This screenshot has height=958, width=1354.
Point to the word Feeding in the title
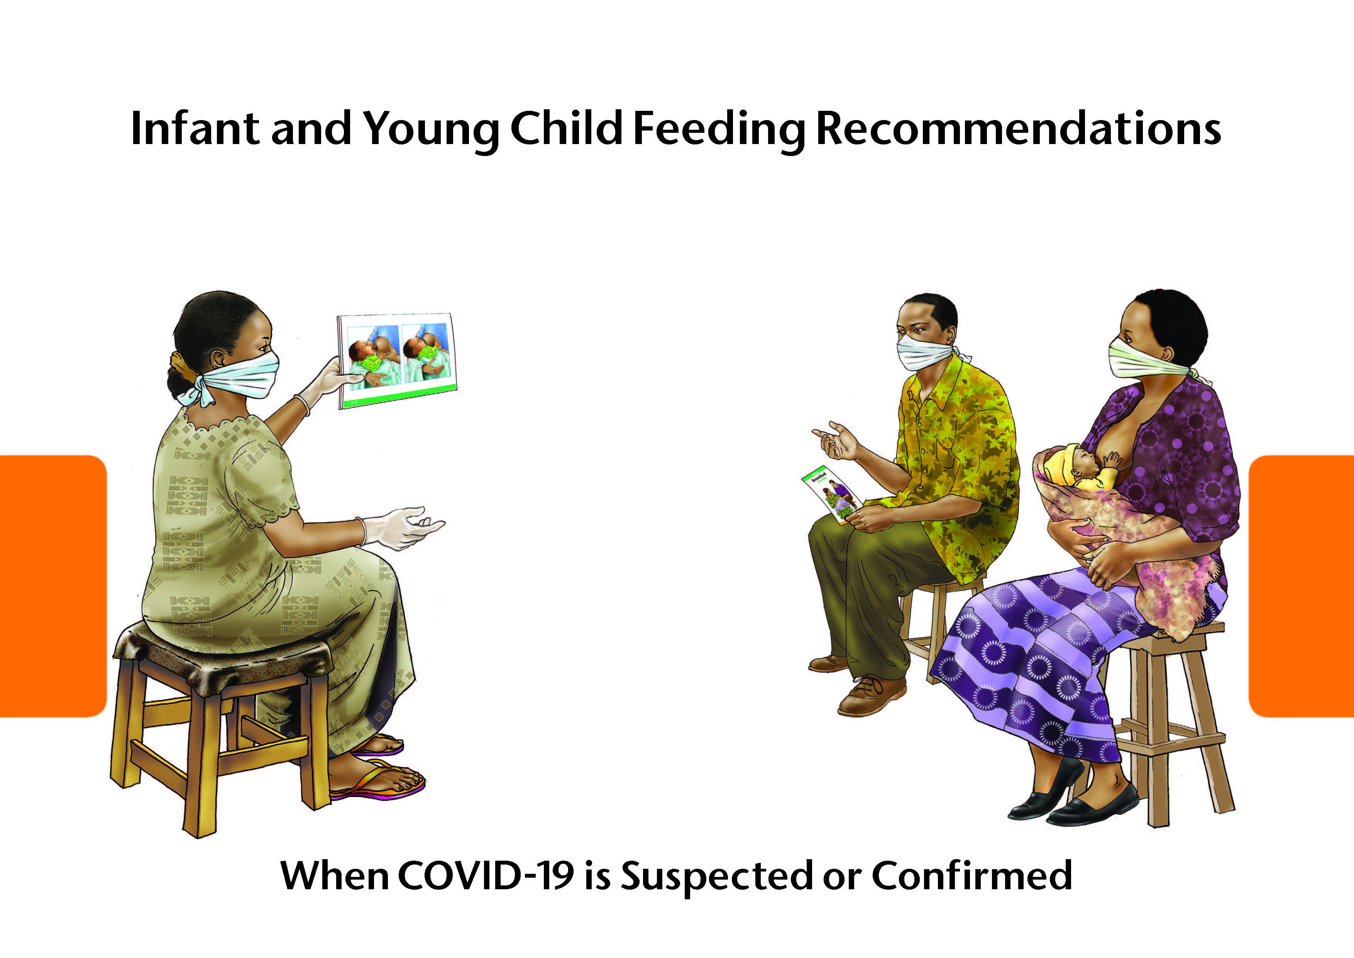(x=718, y=130)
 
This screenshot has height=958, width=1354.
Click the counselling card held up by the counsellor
(x=397, y=361)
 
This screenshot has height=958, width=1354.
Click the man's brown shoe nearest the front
(x=872, y=696)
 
